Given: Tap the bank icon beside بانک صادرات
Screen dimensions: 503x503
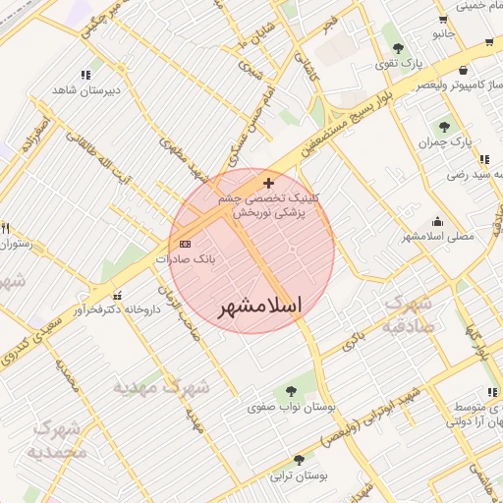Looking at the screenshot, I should pyautogui.click(x=187, y=244).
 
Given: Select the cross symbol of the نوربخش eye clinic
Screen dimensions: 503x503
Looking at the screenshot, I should pyautogui.click(x=268, y=183).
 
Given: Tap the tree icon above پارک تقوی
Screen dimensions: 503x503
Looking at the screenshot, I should pyautogui.click(x=398, y=47).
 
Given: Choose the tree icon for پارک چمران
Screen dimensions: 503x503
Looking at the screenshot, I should pyautogui.click(x=444, y=126).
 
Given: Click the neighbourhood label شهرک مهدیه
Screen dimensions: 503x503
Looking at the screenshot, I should pyautogui.click(x=161, y=385).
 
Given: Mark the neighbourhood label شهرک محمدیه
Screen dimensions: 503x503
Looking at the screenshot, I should pyautogui.click(x=58, y=440).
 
